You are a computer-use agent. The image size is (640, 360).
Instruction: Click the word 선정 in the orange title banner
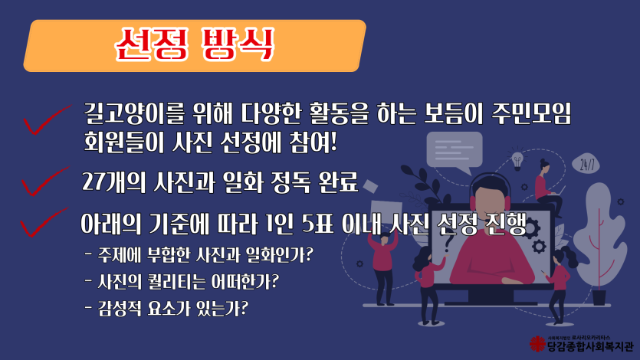pyautogui.click(x=152, y=44)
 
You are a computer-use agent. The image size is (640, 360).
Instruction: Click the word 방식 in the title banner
pyautogui.click(x=238, y=44)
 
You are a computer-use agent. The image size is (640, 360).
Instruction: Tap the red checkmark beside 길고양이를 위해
pyautogui.click(x=47, y=119)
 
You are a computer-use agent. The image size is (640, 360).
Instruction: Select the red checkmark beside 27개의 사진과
pyautogui.click(x=45, y=181)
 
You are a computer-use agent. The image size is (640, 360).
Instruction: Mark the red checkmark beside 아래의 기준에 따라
pyautogui.click(x=44, y=222)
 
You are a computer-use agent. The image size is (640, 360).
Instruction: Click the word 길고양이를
pyautogui.click(x=134, y=113)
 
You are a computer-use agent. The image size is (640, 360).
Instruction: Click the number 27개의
pyautogui.click(x=114, y=182)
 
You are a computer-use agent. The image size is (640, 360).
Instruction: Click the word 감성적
pyautogui.click(x=118, y=308)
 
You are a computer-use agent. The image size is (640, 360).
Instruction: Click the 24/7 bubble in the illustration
pyautogui.click(x=586, y=165)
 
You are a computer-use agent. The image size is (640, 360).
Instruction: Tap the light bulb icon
pyautogui.click(x=517, y=160)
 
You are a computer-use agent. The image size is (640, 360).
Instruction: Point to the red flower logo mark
pyautogui.click(x=537, y=344)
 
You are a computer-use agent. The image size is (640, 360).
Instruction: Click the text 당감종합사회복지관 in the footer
pyautogui.click(x=589, y=346)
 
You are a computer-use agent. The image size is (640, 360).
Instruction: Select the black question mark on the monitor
pyautogui.click(x=448, y=244)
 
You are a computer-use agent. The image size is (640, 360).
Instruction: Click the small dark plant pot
pyautogui.click(x=599, y=297)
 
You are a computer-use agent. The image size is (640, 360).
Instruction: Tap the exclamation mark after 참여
pyautogui.click(x=333, y=142)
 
